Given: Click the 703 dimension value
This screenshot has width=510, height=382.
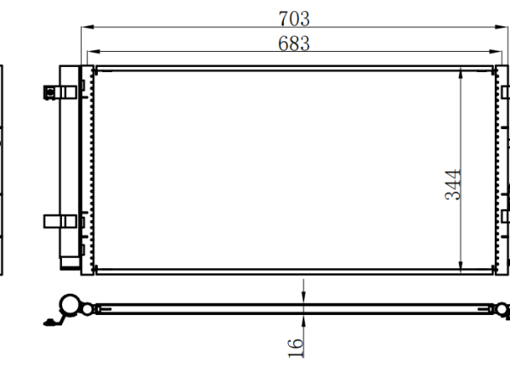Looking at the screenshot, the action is pyautogui.click(x=294, y=19).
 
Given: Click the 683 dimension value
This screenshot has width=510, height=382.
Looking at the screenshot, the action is pyautogui.click(x=294, y=43).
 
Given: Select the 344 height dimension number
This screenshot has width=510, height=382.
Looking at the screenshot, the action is pyautogui.click(x=453, y=184).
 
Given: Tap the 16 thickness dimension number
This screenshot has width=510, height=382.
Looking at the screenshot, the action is pyautogui.click(x=296, y=348).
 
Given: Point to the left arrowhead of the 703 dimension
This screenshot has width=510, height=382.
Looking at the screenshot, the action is pyautogui.click(x=88, y=27).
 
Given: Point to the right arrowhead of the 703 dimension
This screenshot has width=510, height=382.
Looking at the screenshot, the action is pyautogui.click(x=501, y=27).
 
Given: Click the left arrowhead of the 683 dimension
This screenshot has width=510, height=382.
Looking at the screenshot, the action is pyautogui.click(x=93, y=51).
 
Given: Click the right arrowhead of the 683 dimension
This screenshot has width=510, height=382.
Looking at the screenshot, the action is pyautogui.click(x=496, y=51).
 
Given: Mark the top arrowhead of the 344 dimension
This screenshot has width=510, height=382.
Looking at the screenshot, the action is pyautogui.click(x=461, y=74).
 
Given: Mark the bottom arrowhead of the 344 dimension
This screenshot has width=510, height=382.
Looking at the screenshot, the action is pyautogui.click(x=461, y=267).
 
